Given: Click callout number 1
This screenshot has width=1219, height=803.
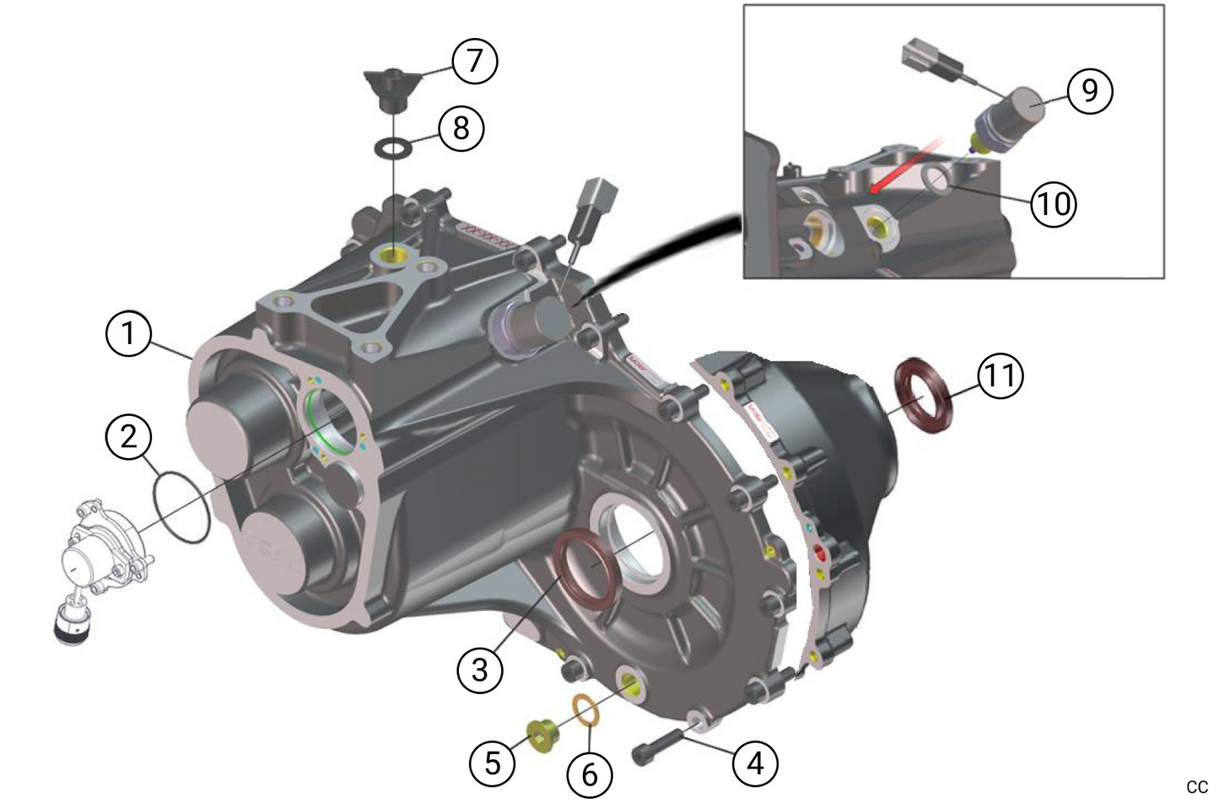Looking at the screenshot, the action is [128, 333].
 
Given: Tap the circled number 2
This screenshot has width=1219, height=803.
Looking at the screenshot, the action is [128, 436].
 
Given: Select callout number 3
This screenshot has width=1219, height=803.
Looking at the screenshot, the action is [479, 670].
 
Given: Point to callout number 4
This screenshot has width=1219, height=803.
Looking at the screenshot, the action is [755, 764].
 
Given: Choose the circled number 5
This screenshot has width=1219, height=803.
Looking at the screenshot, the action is [493, 763].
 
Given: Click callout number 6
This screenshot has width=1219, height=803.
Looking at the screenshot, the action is [590, 774].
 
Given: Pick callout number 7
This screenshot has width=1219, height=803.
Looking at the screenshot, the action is [475, 61].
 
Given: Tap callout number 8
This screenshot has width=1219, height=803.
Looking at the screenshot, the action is [461, 129].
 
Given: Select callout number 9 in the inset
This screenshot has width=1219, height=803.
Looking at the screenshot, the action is [1090, 91].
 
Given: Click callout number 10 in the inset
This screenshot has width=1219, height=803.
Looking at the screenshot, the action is [1054, 205].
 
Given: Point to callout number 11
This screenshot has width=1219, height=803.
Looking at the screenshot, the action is [1001, 376].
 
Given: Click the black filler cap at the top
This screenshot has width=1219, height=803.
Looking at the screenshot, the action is [391, 90].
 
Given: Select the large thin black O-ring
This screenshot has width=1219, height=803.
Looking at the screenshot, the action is [181, 507].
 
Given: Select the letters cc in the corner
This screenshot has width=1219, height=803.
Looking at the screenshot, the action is [1197, 786].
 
